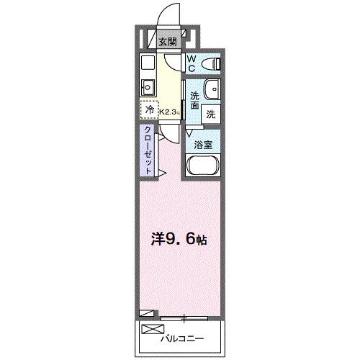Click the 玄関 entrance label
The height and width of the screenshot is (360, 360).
[x=168, y=42]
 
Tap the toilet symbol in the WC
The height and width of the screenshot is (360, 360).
[x=211, y=64]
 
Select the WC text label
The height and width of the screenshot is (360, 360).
[x=192, y=63]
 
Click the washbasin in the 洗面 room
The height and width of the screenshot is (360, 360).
[x=212, y=89]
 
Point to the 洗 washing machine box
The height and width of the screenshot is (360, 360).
[x=211, y=114]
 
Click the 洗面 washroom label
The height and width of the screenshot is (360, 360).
[x=194, y=101]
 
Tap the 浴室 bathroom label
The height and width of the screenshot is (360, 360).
[x=203, y=145]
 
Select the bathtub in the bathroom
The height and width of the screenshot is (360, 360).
[x=203, y=166]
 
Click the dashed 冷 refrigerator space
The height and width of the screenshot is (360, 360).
[x=150, y=110]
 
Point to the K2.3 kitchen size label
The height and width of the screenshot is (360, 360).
[x=170, y=112]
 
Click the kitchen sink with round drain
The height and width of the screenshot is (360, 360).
[x=148, y=87]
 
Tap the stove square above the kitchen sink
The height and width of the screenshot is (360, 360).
[x=148, y=63]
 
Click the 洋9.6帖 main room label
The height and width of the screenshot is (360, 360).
[x=179, y=239]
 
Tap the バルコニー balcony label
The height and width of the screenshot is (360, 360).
[x=182, y=338]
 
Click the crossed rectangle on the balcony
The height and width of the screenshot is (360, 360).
[x=153, y=329]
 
